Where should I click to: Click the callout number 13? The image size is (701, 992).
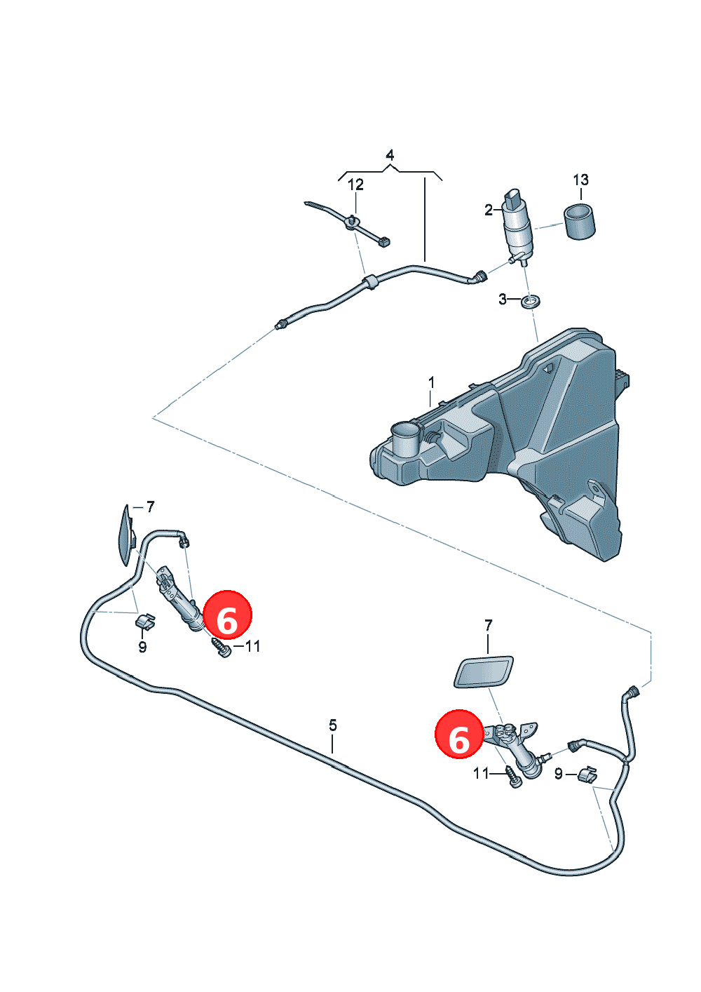[x=580, y=180]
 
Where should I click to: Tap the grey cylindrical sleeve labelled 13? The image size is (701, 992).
[x=579, y=222]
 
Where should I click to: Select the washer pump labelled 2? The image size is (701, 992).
[x=518, y=227]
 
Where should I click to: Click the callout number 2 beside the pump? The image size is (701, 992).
[x=489, y=210]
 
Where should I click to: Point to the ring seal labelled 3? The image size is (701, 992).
[x=530, y=303]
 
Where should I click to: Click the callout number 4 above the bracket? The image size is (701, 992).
[x=390, y=155]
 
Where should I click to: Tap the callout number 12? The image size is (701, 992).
[x=355, y=185]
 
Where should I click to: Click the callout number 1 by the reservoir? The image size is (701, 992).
[x=431, y=382]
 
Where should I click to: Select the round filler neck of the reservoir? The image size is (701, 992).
[x=406, y=439]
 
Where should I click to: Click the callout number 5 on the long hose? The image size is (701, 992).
[x=333, y=725]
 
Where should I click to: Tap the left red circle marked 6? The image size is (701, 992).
[x=227, y=615]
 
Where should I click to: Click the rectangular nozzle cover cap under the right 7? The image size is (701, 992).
[x=484, y=672]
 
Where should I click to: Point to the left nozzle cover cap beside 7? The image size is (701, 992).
[x=125, y=536]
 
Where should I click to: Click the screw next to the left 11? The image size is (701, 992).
[x=220, y=647]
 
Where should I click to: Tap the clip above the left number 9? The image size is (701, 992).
[x=144, y=621]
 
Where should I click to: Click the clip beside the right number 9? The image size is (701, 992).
[x=587, y=775]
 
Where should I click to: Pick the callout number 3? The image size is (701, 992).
[x=503, y=300]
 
